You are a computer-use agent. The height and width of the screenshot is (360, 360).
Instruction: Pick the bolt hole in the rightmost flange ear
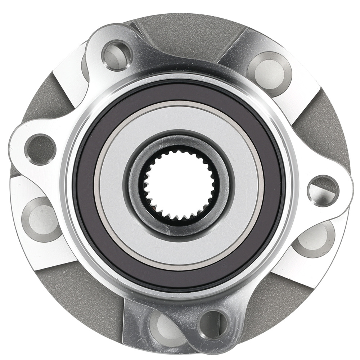(323, 190)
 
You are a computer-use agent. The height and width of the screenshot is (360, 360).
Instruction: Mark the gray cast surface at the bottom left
(83, 299)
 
